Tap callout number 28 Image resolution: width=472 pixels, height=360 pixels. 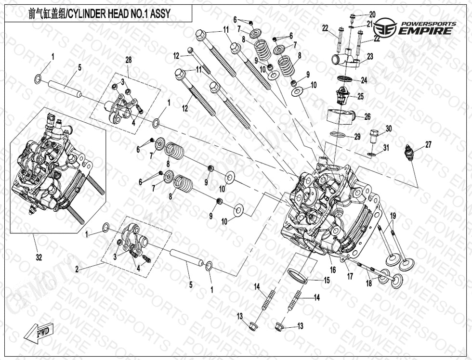[129, 60]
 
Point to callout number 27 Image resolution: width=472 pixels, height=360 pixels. [428, 145]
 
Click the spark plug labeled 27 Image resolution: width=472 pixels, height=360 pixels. [409, 153]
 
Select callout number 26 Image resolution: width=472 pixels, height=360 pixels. [367, 116]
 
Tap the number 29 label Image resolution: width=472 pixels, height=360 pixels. [357, 137]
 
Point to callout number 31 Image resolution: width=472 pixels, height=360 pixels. [386, 147]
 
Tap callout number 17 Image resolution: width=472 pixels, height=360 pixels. [350, 277]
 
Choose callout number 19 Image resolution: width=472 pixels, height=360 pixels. [393, 216]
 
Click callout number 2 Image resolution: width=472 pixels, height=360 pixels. [77, 270]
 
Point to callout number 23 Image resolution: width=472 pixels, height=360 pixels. [370, 56]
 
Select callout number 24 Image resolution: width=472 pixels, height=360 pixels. [364, 80]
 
